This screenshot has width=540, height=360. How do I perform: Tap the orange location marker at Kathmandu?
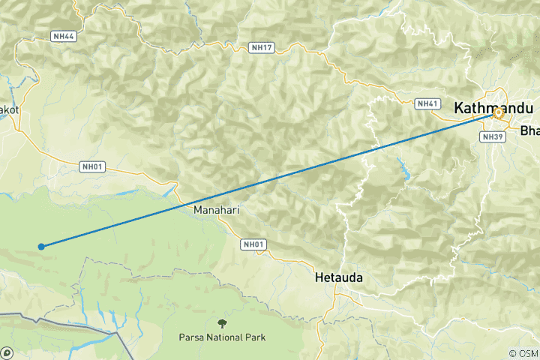498,114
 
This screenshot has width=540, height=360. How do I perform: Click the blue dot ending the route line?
41,246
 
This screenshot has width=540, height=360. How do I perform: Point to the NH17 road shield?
261,48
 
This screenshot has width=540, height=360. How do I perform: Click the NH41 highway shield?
427,103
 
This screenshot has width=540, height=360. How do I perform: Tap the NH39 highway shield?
492,136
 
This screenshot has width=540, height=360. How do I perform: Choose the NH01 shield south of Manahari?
253,244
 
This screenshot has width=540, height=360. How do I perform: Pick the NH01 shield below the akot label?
91,166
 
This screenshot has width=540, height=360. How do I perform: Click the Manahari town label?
216,210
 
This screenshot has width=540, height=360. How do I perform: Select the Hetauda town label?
338,277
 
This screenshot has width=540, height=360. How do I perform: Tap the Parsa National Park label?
222,337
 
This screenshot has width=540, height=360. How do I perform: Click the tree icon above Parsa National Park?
222,323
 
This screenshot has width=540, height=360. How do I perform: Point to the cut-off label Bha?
529,130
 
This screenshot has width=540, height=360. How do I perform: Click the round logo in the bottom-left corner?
7,352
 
